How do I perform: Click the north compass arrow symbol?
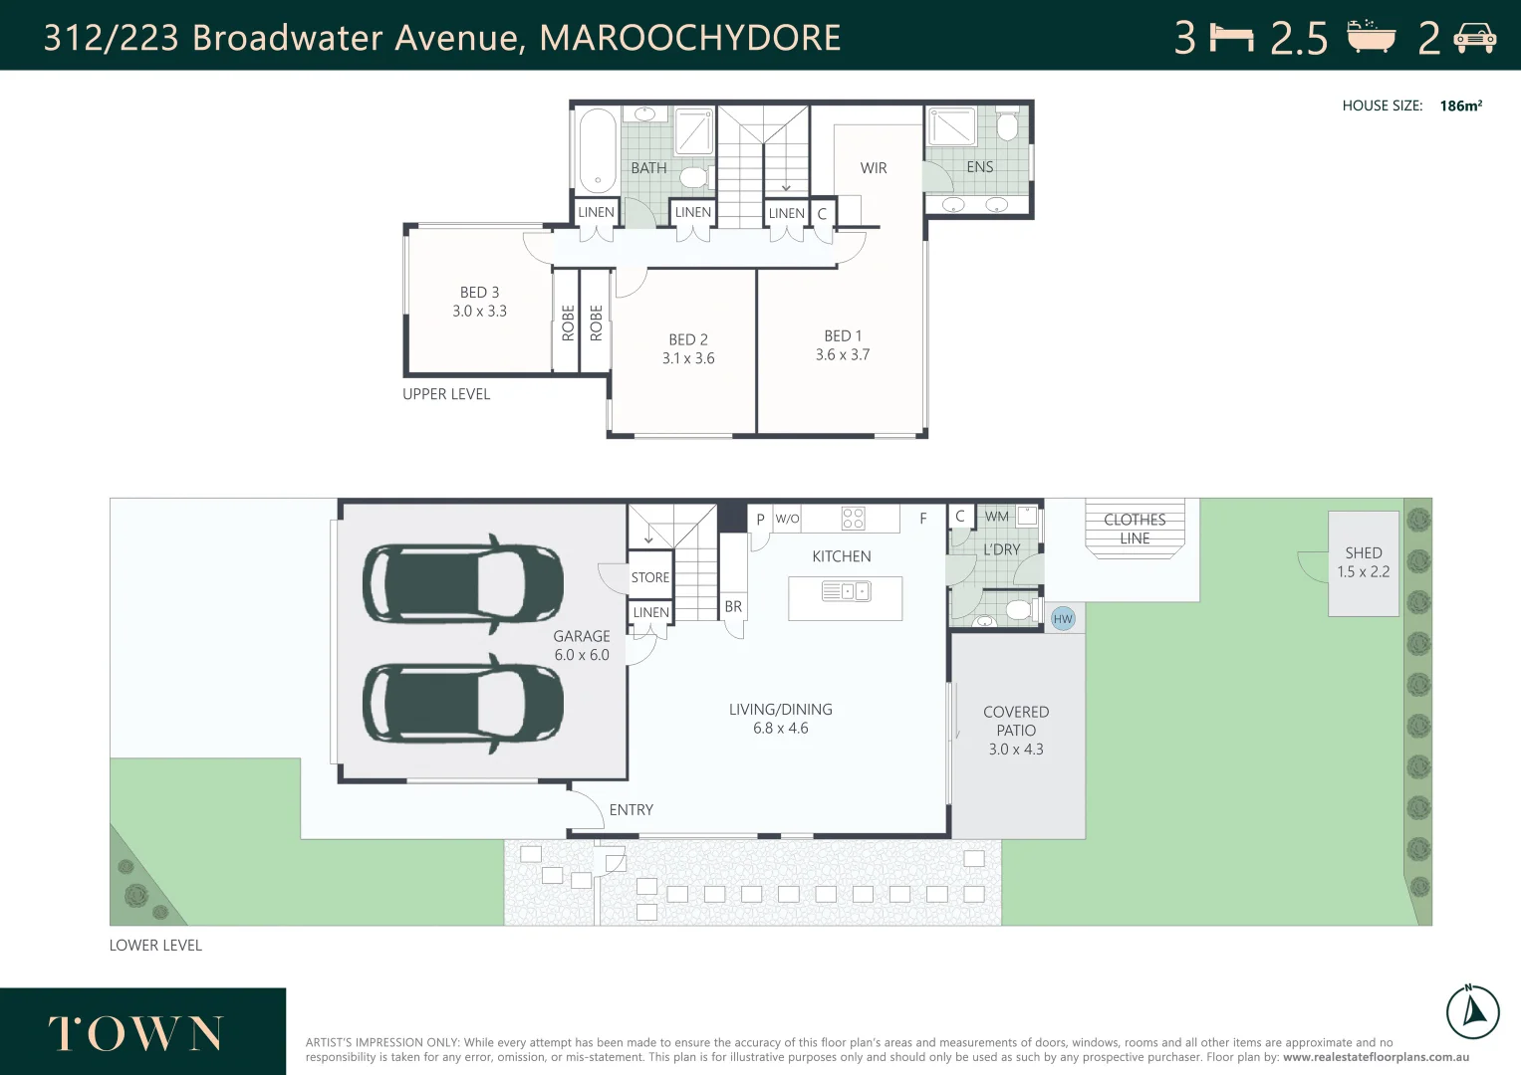tap(1472, 1012)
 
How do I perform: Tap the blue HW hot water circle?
tap(1063, 619)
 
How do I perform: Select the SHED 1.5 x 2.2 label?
tap(1363, 562)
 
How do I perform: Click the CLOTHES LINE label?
tap(1135, 529)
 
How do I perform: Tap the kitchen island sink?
tap(846, 591)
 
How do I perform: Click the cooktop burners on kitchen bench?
tap(853, 518)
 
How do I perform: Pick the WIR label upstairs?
tap(874, 168)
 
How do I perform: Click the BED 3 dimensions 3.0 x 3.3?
tap(479, 312)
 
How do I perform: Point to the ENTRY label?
tap(632, 810)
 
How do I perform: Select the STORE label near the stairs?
tap(649, 577)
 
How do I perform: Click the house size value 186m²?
tap(1460, 106)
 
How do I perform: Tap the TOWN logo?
tap(136, 1034)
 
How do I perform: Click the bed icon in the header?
tap(1231, 38)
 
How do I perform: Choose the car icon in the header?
tap(1474, 38)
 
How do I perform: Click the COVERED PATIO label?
tap(1016, 730)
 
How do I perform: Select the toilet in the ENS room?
tap(1006, 126)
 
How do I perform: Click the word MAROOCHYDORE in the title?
tap(689, 38)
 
